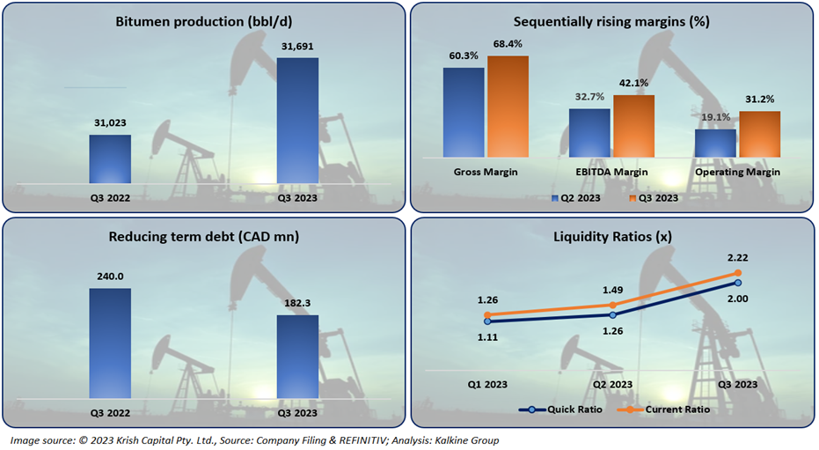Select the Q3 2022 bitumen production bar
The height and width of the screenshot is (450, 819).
[111, 159]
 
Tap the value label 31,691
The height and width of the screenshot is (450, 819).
[297, 47]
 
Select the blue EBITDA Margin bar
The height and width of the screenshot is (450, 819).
[589, 133]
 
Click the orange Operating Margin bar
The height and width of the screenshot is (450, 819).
[760, 134]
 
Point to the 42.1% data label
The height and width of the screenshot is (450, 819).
[633, 84]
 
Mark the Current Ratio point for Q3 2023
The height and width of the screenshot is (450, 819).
[738, 273]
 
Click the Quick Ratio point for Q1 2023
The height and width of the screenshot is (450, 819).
[486, 321]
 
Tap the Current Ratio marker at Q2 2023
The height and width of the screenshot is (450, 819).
[612, 305]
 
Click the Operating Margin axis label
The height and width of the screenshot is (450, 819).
[737, 173]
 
